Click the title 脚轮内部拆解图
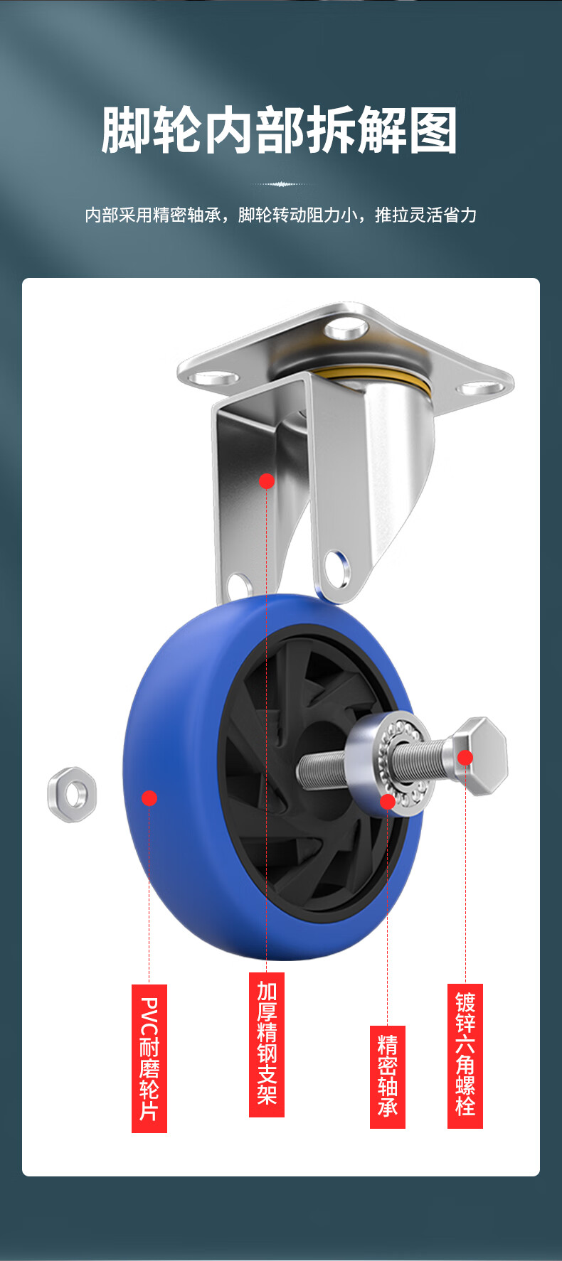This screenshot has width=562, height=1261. (x=280, y=131)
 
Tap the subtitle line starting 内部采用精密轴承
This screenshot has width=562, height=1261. (x=280, y=215)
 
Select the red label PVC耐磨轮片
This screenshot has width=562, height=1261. (x=149, y=1058)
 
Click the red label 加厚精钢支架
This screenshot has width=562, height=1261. (x=267, y=1044)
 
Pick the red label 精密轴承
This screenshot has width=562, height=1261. (x=388, y=1077)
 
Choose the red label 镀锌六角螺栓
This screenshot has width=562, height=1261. (x=465, y=1056)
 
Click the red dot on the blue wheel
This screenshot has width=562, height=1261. (x=149, y=798)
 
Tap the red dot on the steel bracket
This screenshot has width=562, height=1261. (x=267, y=481)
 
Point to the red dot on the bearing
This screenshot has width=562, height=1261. (x=387, y=802)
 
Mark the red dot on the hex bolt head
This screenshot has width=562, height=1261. (x=465, y=758)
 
